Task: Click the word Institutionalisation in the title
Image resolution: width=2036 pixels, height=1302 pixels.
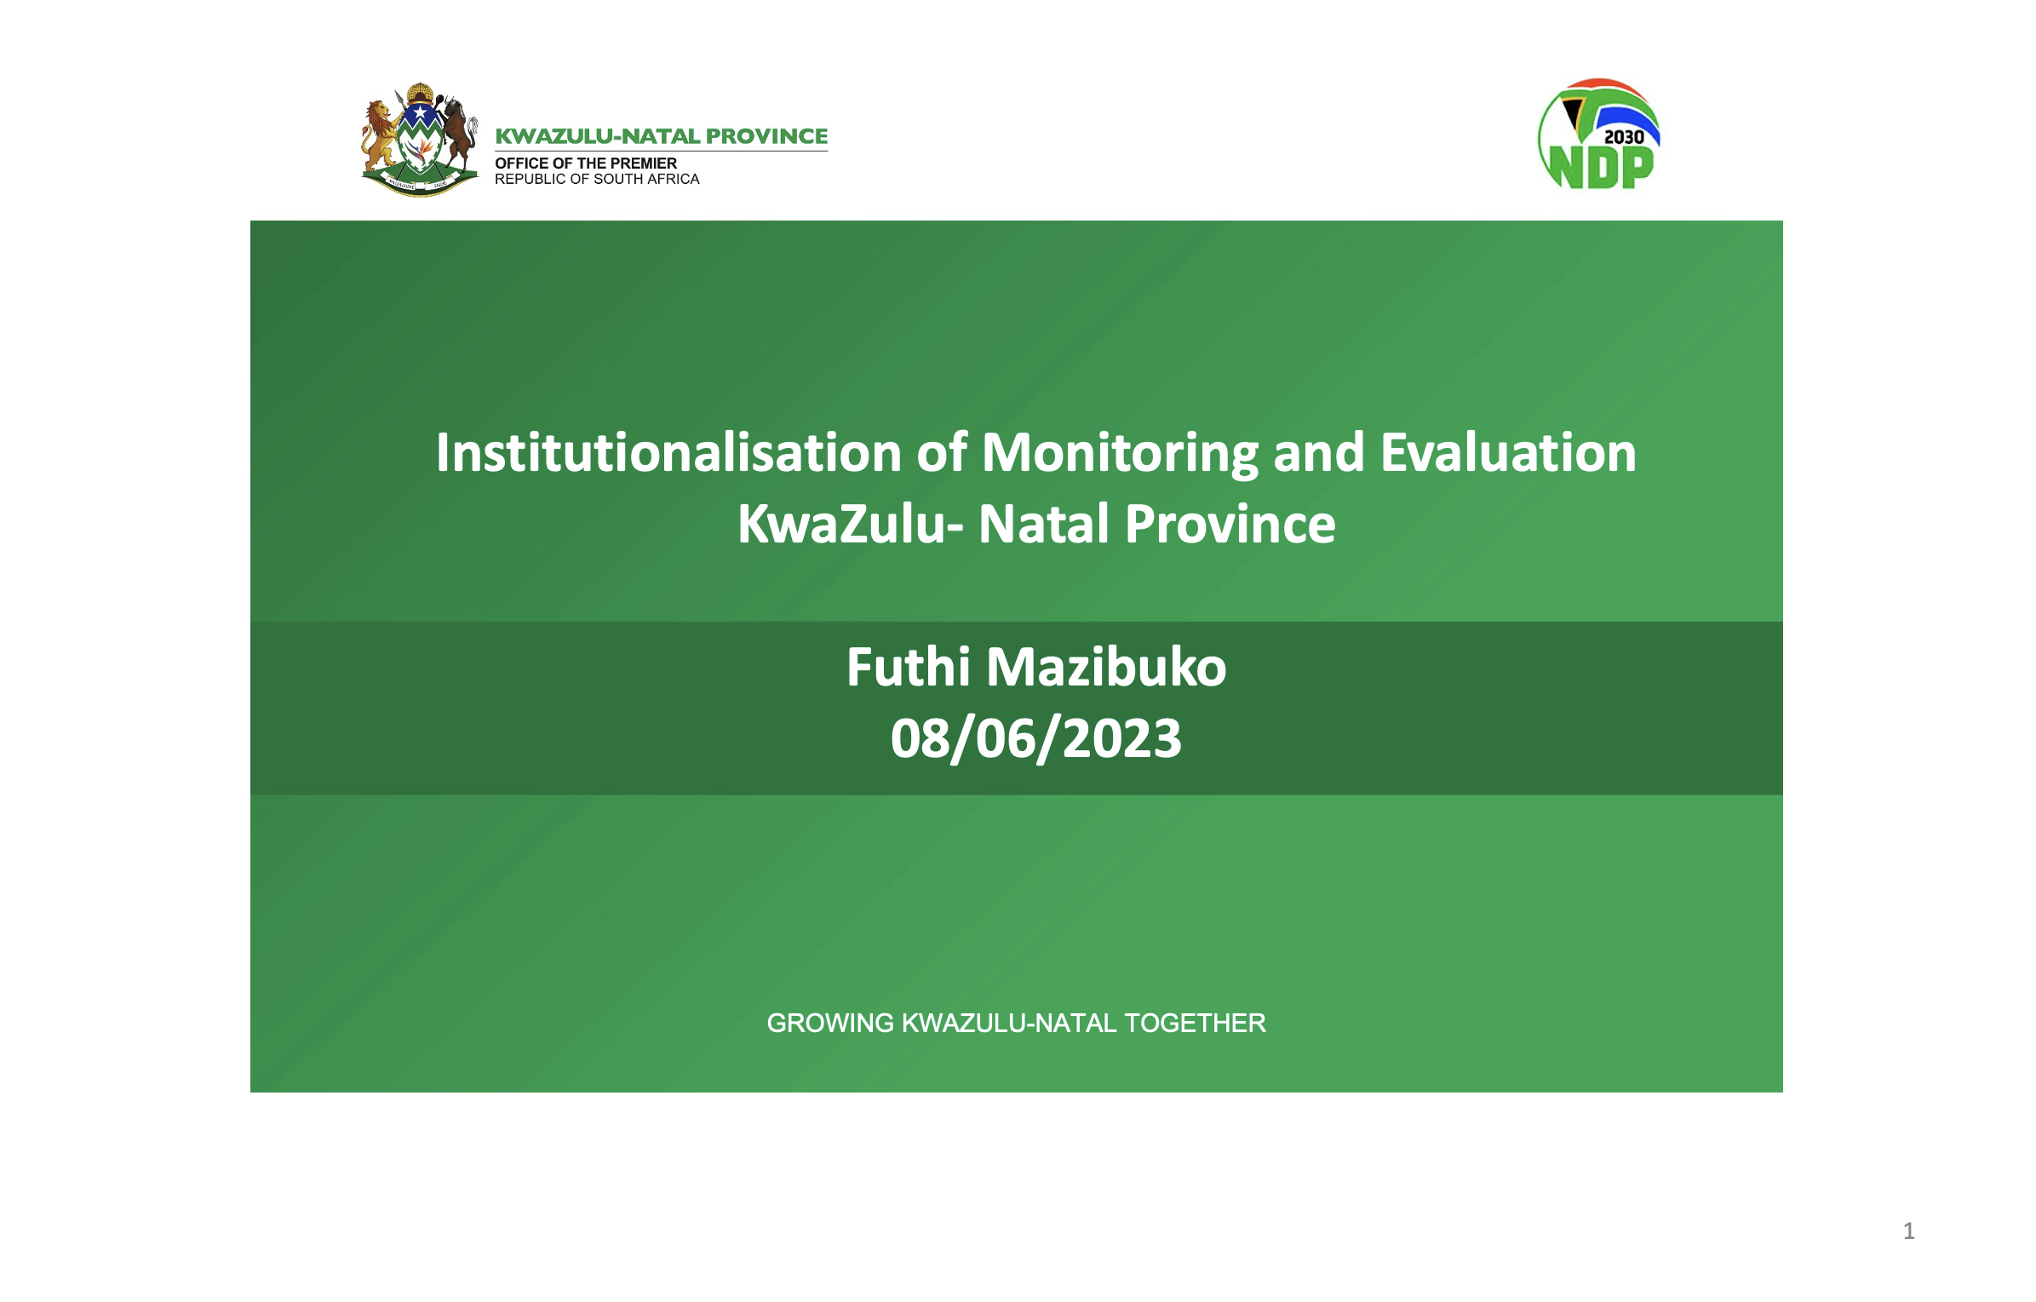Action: [x=668, y=452]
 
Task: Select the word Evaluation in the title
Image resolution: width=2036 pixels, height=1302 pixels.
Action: [x=1508, y=452]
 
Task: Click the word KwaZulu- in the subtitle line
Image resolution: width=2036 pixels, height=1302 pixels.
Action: [x=851, y=523]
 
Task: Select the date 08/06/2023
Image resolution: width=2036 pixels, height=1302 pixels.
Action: [x=1036, y=738]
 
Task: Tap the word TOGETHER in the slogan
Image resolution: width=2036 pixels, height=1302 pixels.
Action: [x=1195, y=1023]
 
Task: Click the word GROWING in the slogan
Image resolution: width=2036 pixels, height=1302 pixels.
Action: [x=830, y=1023]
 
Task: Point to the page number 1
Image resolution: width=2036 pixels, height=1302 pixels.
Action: [x=1908, y=1230]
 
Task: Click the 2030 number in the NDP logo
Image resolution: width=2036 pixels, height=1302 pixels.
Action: [x=1623, y=137]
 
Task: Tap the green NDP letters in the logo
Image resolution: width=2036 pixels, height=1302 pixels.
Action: [x=1601, y=167]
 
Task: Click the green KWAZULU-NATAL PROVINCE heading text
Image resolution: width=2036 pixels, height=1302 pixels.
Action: [x=661, y=136]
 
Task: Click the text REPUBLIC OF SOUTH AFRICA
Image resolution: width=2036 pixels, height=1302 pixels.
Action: [x=597, y=179]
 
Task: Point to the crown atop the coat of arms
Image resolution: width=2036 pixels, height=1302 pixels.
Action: [x=420, y=92]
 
